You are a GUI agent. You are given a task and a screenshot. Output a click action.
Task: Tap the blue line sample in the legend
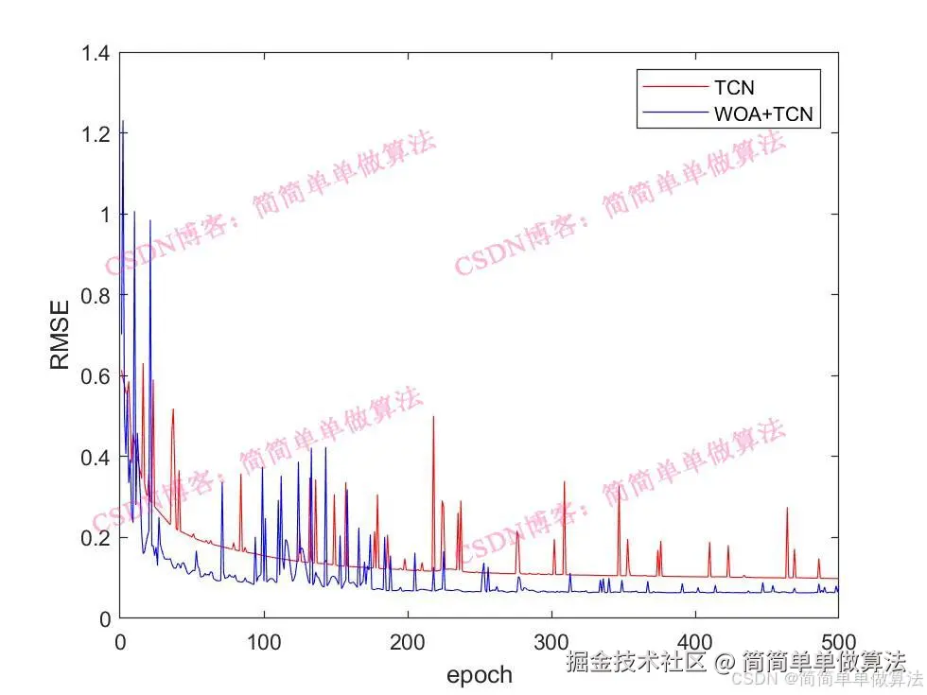[673, 114]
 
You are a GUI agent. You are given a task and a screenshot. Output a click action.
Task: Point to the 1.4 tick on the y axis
[95, 54]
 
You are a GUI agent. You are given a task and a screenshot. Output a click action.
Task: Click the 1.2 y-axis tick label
[95, 134]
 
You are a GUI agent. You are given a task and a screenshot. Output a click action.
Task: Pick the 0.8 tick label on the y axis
[95, 296]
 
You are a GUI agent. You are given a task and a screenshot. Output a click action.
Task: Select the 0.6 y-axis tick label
[95, 376]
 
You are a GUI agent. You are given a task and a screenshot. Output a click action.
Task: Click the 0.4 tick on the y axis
[95, 457]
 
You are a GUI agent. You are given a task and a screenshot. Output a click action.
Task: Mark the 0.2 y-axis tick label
[95, 538]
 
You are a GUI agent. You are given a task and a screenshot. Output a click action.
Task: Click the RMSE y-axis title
[60, 336]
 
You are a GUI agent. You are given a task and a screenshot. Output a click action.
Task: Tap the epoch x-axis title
[479, 674]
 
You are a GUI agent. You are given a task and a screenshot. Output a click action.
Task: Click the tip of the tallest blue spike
[122, 121]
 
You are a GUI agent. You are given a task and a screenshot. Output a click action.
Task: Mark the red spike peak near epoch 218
[433, 417]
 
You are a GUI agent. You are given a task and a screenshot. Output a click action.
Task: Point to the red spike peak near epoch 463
[786, 509]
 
